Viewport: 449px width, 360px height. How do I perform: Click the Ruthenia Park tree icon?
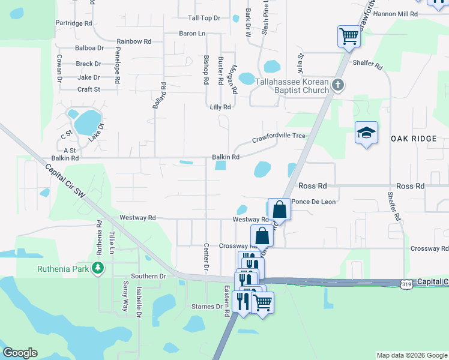(98, 269)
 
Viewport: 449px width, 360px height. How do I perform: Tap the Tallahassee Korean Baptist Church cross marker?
(338, 85)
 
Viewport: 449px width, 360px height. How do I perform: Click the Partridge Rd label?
(73, 23)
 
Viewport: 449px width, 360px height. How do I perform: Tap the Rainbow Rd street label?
(133, 41)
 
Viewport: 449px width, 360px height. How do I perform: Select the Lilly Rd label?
(220, 107)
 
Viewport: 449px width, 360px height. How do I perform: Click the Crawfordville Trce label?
(279, 137)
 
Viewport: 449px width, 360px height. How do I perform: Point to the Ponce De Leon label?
(314, 202)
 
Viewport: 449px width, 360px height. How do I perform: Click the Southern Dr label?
(148, 277)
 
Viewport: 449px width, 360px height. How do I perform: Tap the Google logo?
(20, 353)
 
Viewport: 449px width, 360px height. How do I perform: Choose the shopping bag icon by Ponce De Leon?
(279, 209)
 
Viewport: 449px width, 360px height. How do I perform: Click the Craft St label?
(88, 89)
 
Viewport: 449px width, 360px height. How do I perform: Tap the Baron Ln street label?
(192, 34)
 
